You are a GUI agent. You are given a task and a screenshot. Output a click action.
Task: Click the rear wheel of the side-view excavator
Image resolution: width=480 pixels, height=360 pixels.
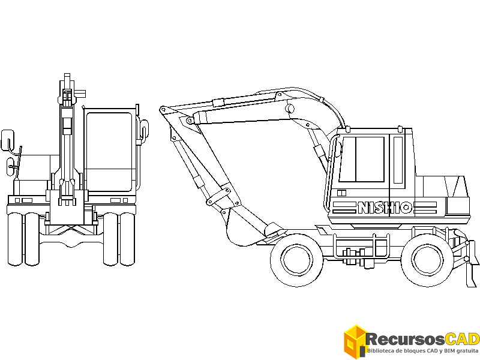(x=427, y=260)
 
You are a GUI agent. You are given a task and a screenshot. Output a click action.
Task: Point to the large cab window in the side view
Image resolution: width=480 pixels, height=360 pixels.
(x=361, y=159)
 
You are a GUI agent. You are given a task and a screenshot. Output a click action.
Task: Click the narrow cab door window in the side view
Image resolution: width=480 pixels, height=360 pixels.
(x=398, y=160)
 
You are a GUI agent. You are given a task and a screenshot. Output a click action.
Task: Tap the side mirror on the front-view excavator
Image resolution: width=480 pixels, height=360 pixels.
(x=7, y=140)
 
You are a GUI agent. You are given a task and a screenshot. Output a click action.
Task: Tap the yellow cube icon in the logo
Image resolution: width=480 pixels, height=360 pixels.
(x=355, y=341)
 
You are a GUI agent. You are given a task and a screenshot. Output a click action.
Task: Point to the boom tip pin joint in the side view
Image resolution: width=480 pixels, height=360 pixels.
(x=162, y=110)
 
